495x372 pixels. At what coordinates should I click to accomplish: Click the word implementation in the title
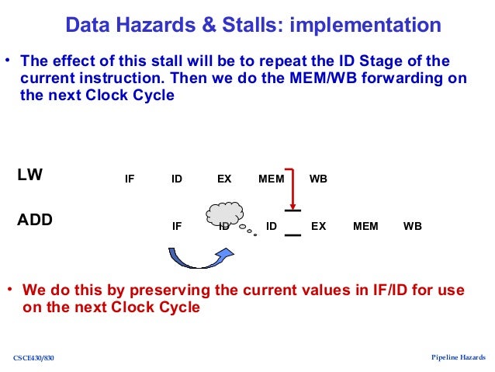(x=365, y=26)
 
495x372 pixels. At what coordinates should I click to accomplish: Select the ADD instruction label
(x=35, y=220)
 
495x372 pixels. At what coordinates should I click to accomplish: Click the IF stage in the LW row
(x=130, y=179)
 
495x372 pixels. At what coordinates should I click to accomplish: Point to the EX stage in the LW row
(x=224, y=179)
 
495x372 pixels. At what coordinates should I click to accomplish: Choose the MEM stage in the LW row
(x=271, y=179)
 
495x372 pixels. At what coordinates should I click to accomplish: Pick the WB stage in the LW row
(x=318, y=179)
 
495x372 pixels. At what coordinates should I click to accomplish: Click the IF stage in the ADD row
(x=177, y=227)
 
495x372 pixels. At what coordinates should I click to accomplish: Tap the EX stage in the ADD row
(x=318, y=227)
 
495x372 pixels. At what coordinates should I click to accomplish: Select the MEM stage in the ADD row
(x=365, y=227)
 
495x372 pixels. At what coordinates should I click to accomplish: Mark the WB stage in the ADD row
(x=413, y=227)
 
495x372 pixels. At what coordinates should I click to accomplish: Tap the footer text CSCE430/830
(x=34, y=358)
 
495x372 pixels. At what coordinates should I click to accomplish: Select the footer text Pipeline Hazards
(x=458, y=357)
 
